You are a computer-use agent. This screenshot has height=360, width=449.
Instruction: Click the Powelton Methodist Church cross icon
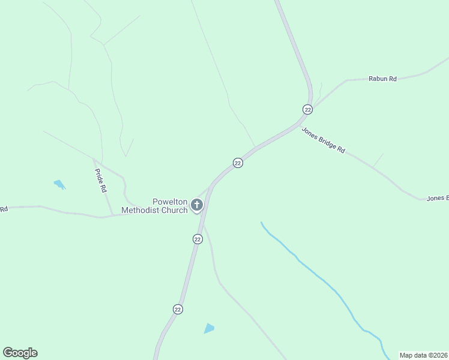[196, 206]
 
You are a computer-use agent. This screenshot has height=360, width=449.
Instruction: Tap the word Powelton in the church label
[170, 202]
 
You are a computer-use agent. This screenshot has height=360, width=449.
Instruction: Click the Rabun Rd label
[382, 79]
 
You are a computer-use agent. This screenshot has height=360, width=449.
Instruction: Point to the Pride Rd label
[101, 180]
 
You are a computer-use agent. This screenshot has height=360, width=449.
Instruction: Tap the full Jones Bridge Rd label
[323, 140]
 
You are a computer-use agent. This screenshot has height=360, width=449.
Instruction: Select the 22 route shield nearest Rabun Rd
[307, 109]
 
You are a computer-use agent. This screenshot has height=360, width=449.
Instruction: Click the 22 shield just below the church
[197, 239]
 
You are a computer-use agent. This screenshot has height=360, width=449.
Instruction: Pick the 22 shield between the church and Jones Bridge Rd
[238, 163]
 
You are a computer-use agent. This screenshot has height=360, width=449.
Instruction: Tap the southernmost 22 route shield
[178, 309]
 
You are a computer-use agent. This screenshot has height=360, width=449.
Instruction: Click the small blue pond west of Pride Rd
[59, 184]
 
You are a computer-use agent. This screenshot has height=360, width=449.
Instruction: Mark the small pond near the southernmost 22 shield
[208, 328]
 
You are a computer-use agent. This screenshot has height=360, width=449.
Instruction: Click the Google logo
[20, 353]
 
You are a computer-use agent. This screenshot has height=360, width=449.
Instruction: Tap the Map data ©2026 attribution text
[423, 355]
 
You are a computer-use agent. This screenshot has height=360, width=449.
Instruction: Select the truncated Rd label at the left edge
[4, 209]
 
